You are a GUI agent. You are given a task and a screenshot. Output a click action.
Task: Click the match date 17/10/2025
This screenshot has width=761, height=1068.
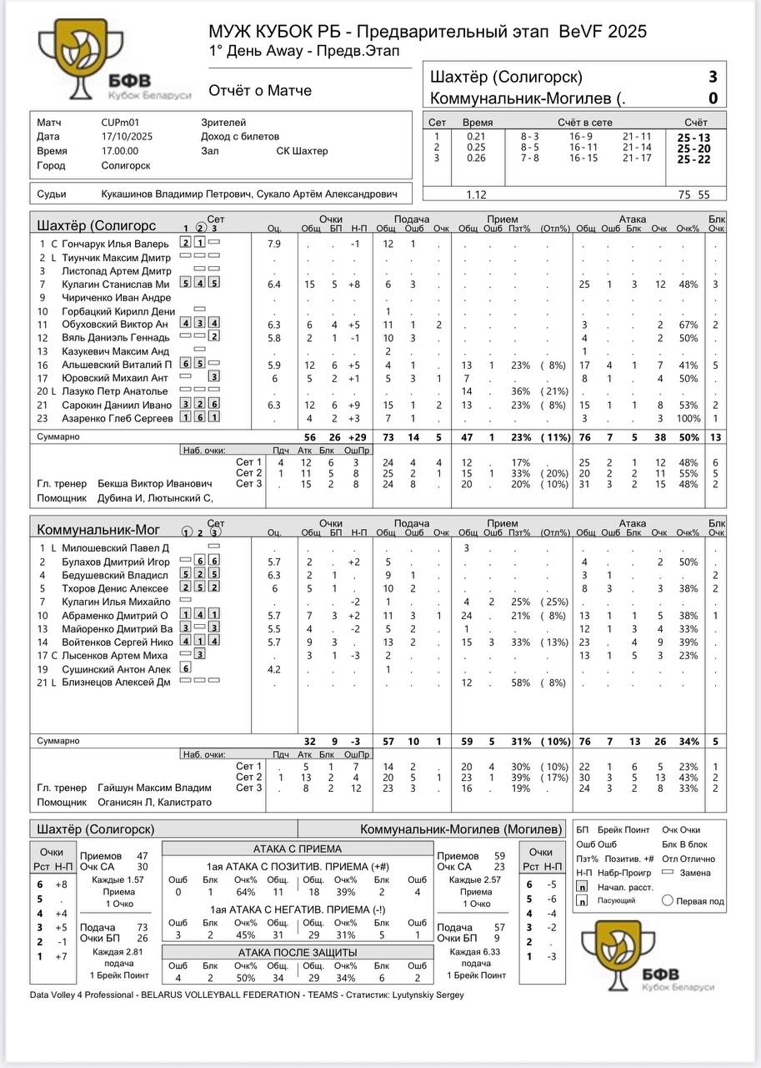pos(121,137)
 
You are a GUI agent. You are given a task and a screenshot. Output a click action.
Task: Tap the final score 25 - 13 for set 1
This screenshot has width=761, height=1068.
pos(693,138)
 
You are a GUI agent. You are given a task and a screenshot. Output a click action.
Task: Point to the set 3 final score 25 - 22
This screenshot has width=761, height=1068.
pos(693,159)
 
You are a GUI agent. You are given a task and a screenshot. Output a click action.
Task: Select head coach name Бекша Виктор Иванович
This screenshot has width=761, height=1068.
pos(155,484)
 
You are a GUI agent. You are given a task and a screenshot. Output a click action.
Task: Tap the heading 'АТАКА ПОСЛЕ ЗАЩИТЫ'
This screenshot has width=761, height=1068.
pos(298,952)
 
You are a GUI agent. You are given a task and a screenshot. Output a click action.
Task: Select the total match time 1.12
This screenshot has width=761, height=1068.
pos(476,194)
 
